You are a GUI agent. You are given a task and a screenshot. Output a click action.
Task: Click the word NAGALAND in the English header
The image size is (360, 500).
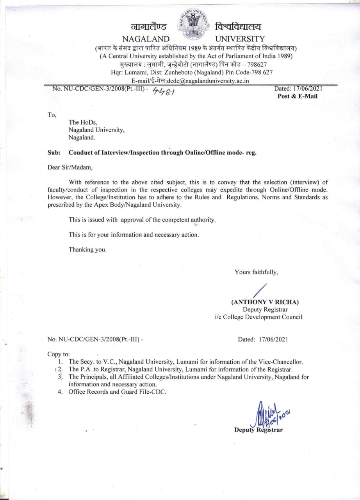[x=146, y=39]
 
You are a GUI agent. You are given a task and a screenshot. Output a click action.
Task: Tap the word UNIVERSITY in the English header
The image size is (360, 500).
[x=240, y=39]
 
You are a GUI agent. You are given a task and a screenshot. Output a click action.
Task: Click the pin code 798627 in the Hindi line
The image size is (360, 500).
[x=254, y=64]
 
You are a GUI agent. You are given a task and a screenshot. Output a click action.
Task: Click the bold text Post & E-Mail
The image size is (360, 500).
[x=297, y=96]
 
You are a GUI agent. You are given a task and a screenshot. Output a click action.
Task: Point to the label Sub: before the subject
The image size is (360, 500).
[x=53, y=153]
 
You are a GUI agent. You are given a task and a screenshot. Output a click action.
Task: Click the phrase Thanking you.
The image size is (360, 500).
[x=87, y=249]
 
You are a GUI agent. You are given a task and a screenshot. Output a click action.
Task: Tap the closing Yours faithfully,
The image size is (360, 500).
[x=256, y=272]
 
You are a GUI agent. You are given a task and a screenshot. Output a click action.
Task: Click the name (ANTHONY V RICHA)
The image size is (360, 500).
[x=265, y=302]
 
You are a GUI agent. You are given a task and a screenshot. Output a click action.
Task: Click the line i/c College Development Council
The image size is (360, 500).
[x=258, y=317]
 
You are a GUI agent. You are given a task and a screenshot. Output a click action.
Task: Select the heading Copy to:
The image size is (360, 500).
[x=59, y=354]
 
